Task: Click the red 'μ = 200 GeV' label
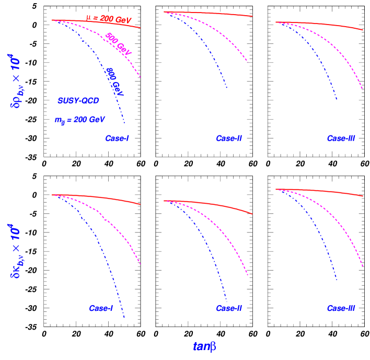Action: click(x=109, y=19)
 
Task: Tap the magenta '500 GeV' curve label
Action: click(x=118, y=43)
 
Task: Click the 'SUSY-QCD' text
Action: click(x=78, y=101)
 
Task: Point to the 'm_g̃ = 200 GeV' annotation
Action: click(x=79, y=120)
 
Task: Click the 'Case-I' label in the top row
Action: click(x=117, y=138)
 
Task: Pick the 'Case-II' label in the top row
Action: click(x=229, y=138)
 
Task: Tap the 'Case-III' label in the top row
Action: click(x=341, y=138)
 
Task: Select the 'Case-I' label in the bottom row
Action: click(x=101, y=308)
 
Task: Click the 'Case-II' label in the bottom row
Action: click(x=229, y=308)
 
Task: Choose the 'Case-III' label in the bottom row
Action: click(x=341, y=308)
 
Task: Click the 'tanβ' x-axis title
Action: click(x=204, y=346)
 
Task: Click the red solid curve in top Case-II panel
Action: click(x=209, y=14)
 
